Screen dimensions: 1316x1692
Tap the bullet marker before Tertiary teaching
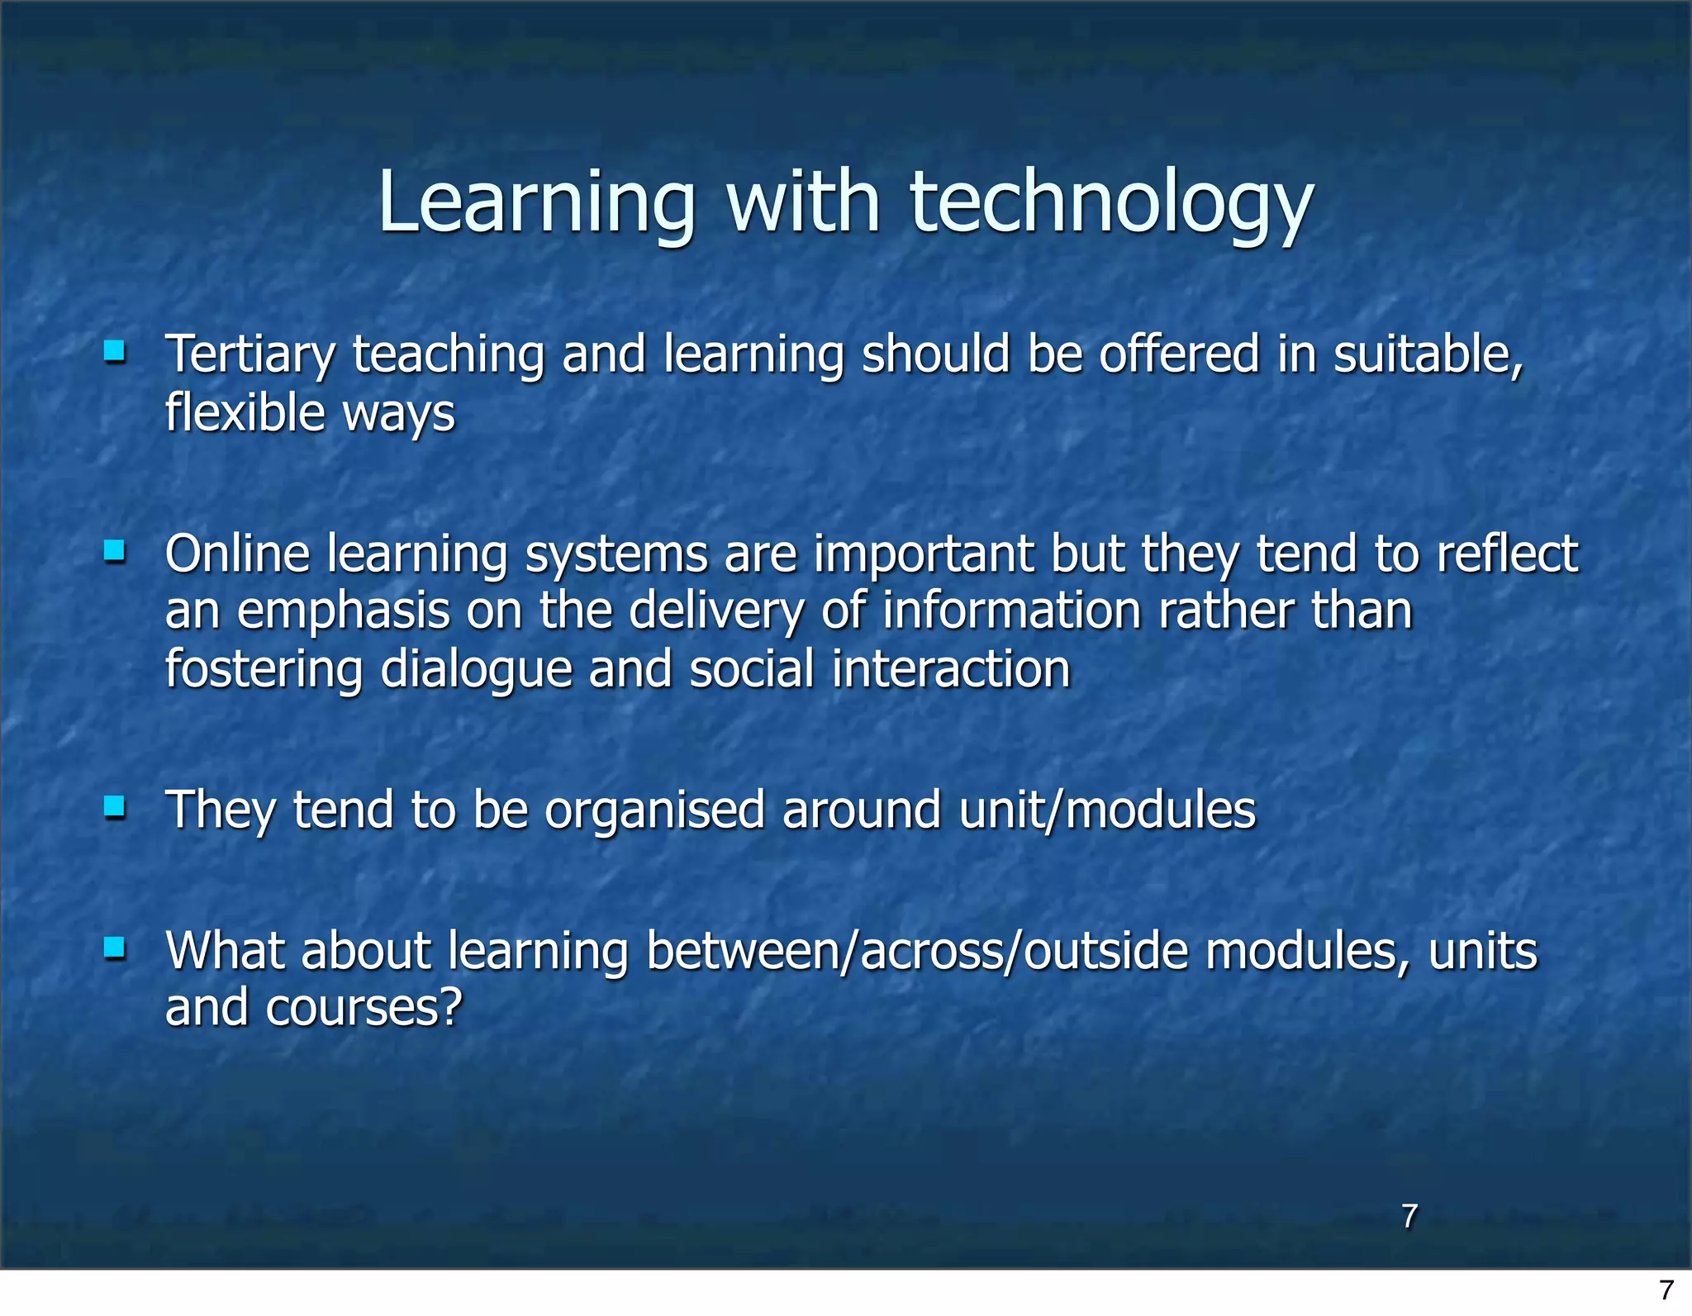tap(114, 353)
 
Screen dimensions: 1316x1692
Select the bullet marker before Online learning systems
tap(114, 551)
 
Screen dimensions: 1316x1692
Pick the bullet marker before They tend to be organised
tap(114, 806)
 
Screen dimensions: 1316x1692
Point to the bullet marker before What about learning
tap(114, 948)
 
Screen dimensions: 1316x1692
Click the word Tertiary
tap(250, 356)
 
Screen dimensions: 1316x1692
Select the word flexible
tap(245, 412)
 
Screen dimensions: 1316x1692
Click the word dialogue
tap(476, 670)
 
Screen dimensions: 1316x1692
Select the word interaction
tap(951, 669)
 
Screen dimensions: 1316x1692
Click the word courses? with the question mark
tap(364, 1009)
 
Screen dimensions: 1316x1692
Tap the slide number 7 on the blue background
tap(1409, 1215)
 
